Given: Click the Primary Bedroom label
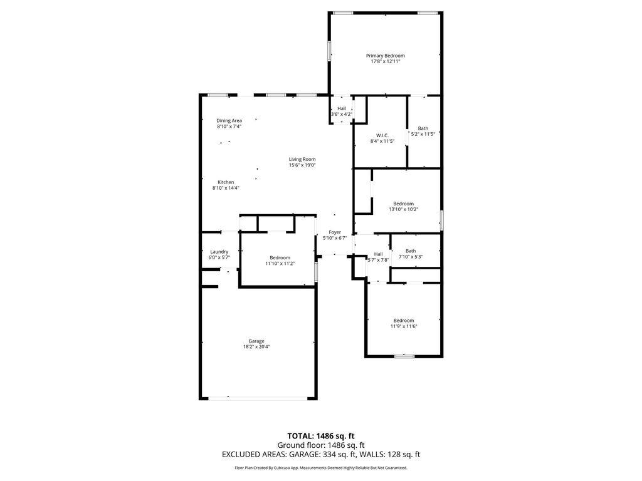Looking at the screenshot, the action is point(386,56).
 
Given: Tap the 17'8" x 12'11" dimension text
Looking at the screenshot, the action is point(386,61).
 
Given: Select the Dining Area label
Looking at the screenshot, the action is point(229,121).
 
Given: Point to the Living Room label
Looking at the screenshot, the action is point(302,160).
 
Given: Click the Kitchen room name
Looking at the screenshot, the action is point(226,182).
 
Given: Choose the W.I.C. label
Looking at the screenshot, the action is point(382,135).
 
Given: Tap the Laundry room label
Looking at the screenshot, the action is point(219,252).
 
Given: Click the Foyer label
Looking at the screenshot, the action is point(335,232).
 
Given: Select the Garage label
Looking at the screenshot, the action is point(256,341).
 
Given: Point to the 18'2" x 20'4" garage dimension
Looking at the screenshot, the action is point(256,347).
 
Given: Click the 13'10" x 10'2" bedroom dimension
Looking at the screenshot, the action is point(403,209).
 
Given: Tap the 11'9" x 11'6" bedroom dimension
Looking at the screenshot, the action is point(404,326).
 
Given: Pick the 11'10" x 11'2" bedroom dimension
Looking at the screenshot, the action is point(280,264).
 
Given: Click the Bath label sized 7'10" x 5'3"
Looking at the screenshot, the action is point(411,251).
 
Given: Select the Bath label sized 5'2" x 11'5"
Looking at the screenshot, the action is point(423,128).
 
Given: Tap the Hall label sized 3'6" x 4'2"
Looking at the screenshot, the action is point(342,109).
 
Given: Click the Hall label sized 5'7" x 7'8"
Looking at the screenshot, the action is point(378,254).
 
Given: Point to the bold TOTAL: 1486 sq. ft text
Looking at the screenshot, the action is point(320,436).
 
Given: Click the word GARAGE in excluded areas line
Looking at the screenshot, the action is point(305,455).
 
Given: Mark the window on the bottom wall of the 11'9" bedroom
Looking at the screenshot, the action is point(404,356).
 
